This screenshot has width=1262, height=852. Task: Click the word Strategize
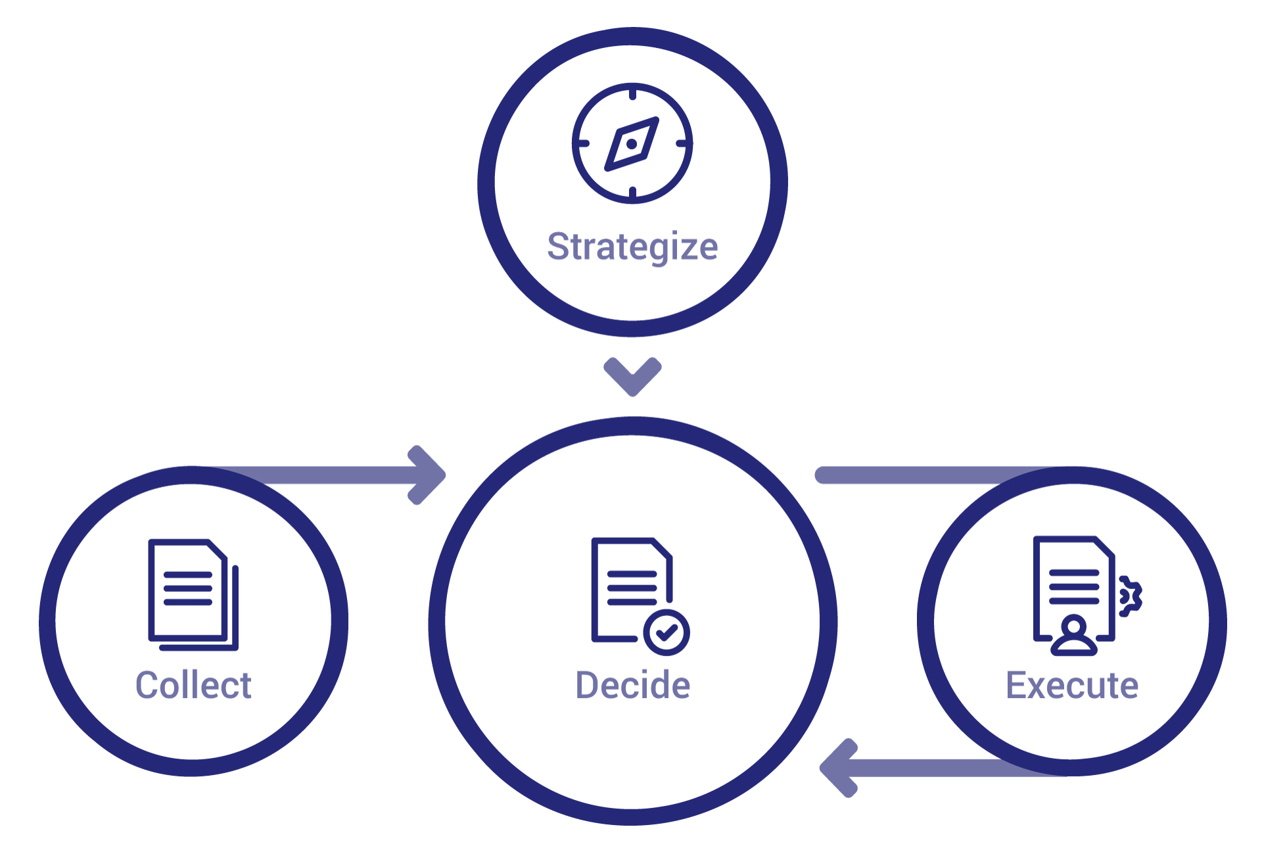pos(632,248)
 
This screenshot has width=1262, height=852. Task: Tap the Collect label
pos(193,686)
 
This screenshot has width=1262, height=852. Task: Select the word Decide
pos(632,686)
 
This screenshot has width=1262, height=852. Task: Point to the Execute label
pos(1072,686)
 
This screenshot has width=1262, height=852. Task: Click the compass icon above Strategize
pos(632,143)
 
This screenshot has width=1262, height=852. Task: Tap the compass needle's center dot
pos(632,144)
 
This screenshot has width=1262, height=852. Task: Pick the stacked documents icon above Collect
pos(193,594)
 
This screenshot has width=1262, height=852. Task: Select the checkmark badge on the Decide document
pos(666,632)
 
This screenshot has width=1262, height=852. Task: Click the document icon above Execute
pos(1074,588)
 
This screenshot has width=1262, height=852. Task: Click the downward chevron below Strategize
pos(632,377)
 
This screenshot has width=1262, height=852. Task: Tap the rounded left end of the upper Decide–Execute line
pos(822,475)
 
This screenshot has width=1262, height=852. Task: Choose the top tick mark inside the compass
pos(632,93)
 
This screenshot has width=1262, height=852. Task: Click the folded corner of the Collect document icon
pos(218,550)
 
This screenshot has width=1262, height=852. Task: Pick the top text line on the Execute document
pos(1074,572)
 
